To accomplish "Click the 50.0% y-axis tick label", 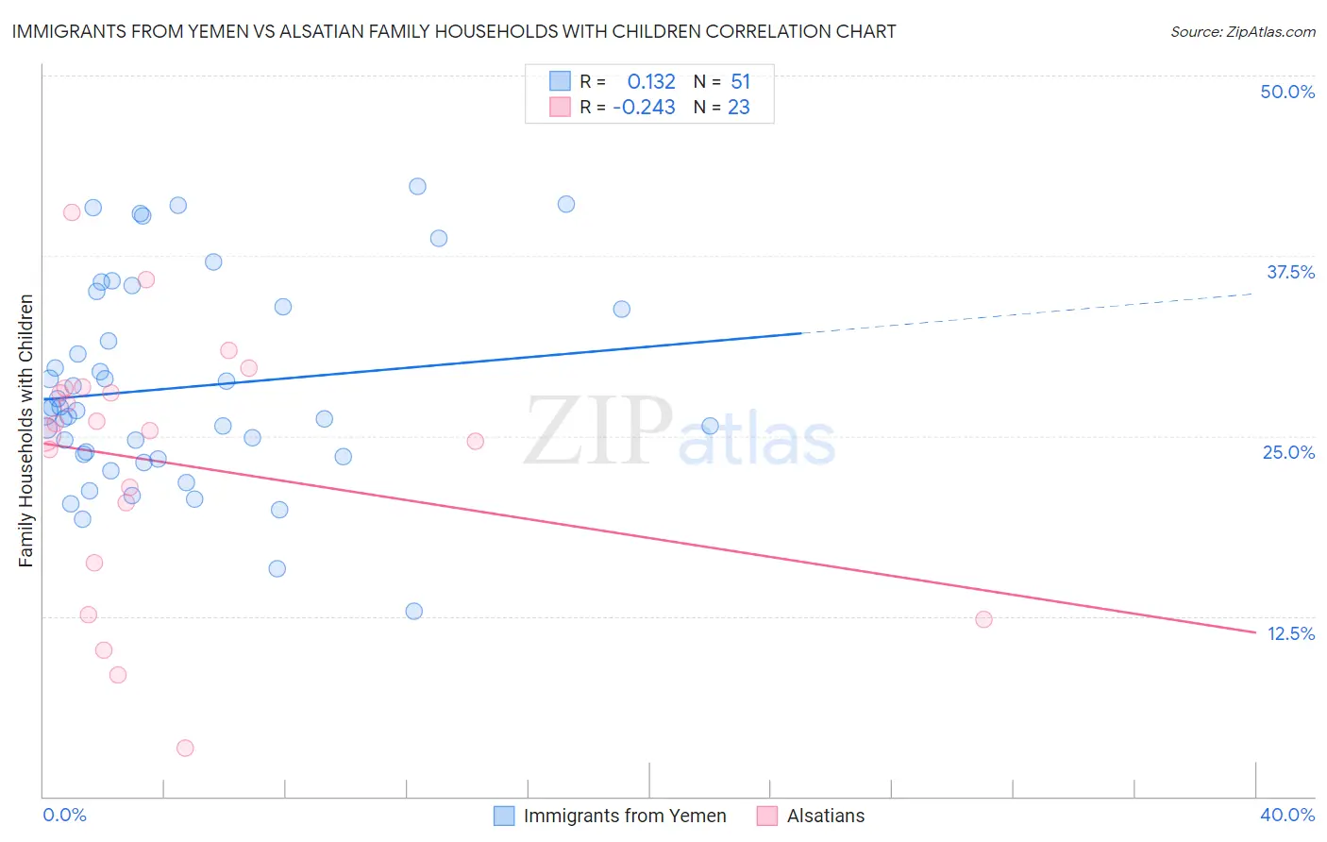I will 1287,92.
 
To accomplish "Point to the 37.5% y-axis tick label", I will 1290,272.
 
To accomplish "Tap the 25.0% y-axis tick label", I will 1288,452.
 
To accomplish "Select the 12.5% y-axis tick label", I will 1290,633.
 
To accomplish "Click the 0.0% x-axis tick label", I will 64,815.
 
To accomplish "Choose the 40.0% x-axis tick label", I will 1286,815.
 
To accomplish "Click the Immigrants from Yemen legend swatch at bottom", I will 505,816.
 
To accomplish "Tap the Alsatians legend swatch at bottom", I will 767,816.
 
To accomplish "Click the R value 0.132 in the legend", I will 651,82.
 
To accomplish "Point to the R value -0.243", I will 644,108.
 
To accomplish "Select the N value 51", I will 740,82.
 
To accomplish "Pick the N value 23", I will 738,108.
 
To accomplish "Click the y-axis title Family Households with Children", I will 26,430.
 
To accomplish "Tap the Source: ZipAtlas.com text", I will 1242,32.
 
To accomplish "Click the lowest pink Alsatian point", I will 185,748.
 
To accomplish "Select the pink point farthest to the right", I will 983,619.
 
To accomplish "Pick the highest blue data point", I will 417,186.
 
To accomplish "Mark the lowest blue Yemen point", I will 413,611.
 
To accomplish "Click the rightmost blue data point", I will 710,426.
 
